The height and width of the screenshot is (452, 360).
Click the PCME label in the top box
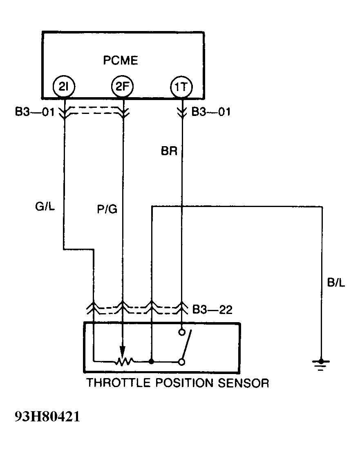click(121, 61)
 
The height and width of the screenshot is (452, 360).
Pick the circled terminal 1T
click(181, 87)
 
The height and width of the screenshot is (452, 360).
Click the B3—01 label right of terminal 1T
click(211, 111)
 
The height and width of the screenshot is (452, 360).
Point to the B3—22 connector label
click(212, 310)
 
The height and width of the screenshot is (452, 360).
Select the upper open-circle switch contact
click(182, 333)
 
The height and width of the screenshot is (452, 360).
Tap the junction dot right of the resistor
click(152, 361)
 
